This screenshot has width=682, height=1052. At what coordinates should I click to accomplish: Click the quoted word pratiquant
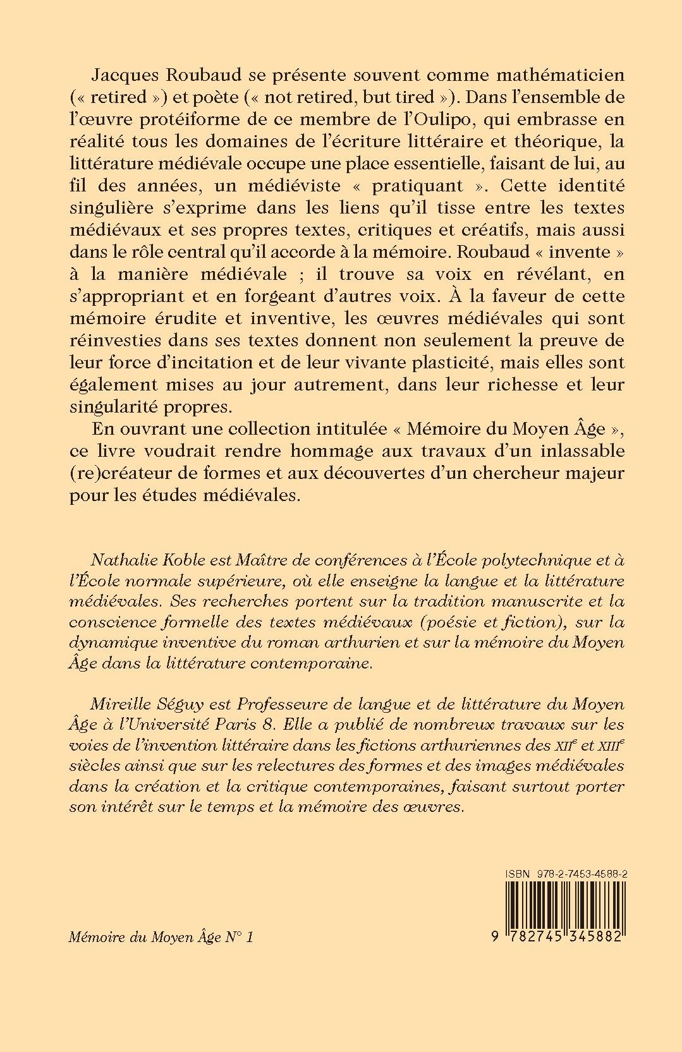(431, 186)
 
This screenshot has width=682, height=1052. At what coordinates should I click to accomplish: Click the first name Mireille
(118, 703)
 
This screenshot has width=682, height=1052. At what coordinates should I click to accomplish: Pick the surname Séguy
(171, 704)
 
